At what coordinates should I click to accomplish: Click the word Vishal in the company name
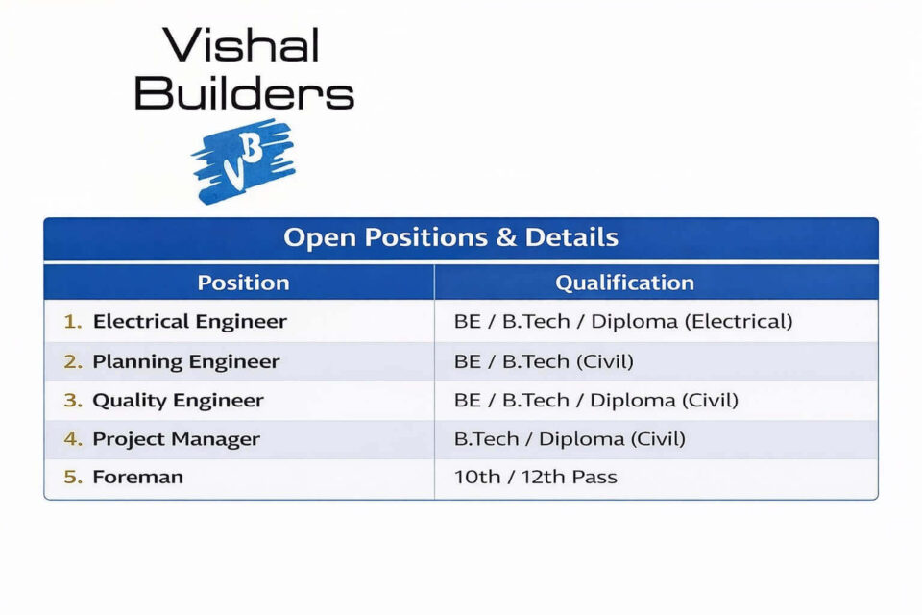click(241, 45)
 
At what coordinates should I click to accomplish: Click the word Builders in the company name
click(244, 92)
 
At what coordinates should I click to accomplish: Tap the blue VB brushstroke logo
click(243, 161)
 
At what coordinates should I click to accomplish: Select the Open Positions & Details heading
click(451, 237)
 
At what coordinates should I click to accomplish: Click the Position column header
click(243, 283)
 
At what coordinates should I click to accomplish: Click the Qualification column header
click(624, 283)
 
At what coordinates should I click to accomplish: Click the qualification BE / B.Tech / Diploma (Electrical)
click(623, 321)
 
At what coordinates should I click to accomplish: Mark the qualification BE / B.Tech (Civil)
click(544, 361)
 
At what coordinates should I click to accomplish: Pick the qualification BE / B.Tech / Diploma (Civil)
click(596, 400)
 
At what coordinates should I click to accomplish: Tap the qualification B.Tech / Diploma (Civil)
click(570, 439)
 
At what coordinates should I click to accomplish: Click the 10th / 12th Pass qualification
click(536, 477)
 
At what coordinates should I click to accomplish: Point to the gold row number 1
click(73, 321)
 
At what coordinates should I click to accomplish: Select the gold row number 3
click(73, 400)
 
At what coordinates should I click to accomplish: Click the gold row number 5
click(73, 477)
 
